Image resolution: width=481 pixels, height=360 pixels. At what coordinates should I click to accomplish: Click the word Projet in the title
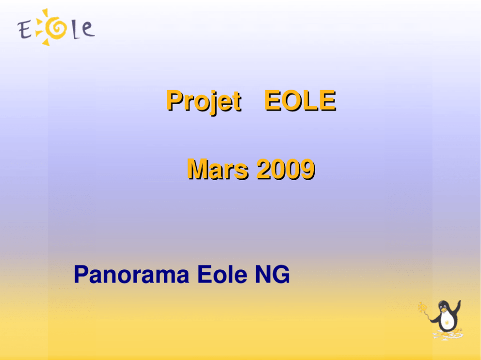204,102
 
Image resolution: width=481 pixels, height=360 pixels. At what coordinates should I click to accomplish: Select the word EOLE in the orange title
300,101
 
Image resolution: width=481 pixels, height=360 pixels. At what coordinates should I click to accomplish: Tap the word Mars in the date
218,169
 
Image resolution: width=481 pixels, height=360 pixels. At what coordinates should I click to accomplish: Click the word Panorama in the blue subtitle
131,274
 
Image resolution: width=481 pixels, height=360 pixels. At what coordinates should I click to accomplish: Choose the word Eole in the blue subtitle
222,274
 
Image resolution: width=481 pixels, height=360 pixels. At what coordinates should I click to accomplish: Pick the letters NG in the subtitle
273,274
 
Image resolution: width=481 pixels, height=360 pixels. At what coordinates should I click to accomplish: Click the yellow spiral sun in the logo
56,28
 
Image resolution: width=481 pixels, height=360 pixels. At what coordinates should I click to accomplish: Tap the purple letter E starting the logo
25,30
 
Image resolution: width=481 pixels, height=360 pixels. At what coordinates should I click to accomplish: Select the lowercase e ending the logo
88,29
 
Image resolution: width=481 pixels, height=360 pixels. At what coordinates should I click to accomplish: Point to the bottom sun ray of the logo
46,42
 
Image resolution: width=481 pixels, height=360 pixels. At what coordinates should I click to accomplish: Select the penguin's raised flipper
458,308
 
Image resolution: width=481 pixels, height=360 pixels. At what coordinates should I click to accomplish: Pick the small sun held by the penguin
423,307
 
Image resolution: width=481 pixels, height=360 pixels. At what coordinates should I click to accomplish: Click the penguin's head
444,306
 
